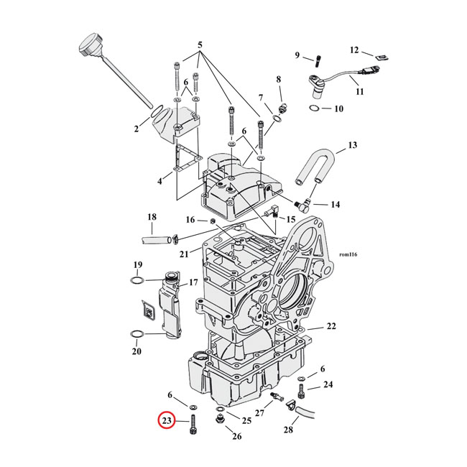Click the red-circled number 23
[167, 420]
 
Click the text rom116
[348, 254]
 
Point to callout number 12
[354, 50]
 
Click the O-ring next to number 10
[315, 108]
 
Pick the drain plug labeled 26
[219, 422]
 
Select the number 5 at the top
[200, 45]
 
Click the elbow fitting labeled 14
[302, 205]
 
